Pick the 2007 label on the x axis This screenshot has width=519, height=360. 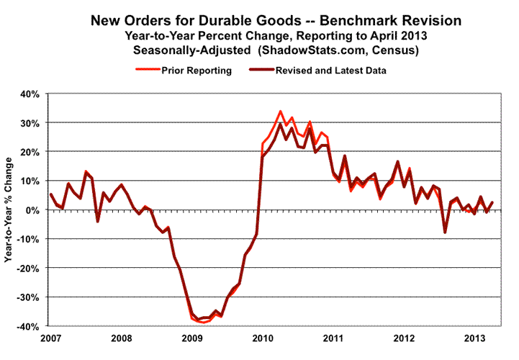pyautogui.click(x=50, y=338)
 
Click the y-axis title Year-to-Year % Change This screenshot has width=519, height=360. pyautogui.click(x=10, y=209)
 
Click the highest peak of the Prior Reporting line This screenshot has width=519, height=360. pyautogui.click(x=280, y=112)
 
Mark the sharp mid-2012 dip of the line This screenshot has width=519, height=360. pyautogui.click(x=445, y=233)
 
